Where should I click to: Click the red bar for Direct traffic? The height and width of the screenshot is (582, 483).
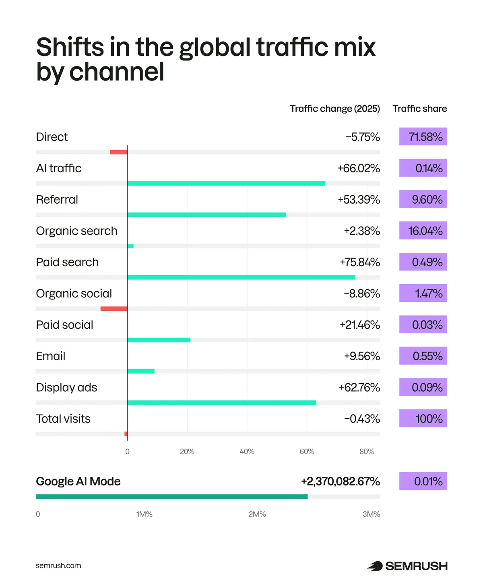pyautogui.click(x=118, y=152)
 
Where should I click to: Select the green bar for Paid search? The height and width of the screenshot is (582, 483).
pyautogui.click(x=241, y=277)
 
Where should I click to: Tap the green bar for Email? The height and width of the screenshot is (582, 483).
pyautogui.click(x=141, y=371)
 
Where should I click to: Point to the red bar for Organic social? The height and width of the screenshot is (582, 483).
pyautogui.click(x=114, y=308)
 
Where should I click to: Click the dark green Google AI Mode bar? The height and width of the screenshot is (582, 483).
pyautogui.click(x=172, y=496)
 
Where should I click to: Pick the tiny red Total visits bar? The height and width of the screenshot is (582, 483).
pyautogui.click(x=126, y=434)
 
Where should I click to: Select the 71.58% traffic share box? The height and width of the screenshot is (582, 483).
pyautogui.click(x=423, y=136)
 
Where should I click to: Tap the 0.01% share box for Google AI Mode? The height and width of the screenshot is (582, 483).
pyautogui.click(x=423, y=481)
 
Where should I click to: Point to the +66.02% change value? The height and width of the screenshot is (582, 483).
pyautogui.click(x=358, y=168)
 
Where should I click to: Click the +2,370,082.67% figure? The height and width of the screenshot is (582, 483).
pyautogui.click(x=340, y=481)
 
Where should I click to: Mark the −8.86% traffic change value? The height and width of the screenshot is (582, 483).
pyautogui.click(x=362, y=293)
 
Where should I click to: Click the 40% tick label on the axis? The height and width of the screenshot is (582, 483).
pyautogui.click(x=247, y=451)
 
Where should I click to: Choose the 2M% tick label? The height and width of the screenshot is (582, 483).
pyautogui.click(x=257, y=514)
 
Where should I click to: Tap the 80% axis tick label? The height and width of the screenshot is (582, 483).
pyautogui.click(x=367, y=451)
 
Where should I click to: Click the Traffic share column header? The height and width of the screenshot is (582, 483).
pyautogui.click(x=420, y=108)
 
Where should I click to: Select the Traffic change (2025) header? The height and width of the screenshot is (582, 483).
pyautogui.click(x=335, y=108)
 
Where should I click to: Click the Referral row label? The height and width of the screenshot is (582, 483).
pyautogui.click(x=57, y=199)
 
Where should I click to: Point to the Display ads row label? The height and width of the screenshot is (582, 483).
pyautogui.click(x=66, y=387)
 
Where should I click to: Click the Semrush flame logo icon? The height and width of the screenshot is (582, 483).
pyautogui.click(x=375, y=566)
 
